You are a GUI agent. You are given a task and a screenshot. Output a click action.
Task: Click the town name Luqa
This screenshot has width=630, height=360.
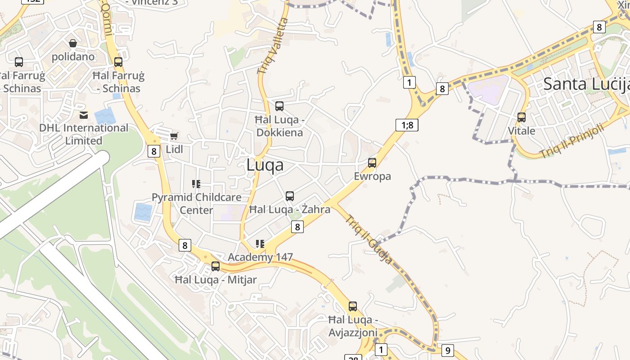point(265,165)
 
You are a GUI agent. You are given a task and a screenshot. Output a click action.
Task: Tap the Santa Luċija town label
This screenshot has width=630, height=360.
point(585,84)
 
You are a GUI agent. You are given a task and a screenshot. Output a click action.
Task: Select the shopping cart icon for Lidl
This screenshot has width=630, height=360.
point(174,136)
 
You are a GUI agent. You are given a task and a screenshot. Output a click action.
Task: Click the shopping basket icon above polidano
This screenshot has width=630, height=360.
point(73,43)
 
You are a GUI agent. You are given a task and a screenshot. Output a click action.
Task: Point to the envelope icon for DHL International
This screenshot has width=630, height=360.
point(84,115)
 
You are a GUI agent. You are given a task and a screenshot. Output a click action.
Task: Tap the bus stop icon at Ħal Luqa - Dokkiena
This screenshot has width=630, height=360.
point(279,106)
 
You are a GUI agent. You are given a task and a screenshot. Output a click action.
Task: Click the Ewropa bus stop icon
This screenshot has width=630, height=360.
point(372,163)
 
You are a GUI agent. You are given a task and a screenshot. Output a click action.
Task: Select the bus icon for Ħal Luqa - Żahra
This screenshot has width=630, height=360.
point(290,196)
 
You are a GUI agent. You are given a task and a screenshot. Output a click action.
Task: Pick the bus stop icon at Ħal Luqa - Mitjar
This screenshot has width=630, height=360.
point(216,266)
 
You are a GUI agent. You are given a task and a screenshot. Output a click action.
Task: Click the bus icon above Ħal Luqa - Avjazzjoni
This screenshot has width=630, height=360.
point(353,306)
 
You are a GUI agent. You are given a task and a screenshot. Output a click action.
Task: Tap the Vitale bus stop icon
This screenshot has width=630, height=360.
point(522,117)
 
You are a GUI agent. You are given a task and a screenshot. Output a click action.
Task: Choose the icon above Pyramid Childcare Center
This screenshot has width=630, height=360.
point(196,184)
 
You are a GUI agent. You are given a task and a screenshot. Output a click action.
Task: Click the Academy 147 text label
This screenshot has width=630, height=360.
point(260,257)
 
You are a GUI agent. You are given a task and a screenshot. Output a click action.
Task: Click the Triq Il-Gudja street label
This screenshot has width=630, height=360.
point(369,239)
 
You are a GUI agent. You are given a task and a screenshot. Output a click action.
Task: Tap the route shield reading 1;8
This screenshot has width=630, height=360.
point(407,125)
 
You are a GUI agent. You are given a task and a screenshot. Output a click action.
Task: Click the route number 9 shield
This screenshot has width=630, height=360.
point(447,350)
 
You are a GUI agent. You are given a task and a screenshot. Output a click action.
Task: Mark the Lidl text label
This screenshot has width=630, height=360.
point(175,149)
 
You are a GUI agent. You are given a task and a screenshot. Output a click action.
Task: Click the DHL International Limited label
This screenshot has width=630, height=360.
point(84,134)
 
